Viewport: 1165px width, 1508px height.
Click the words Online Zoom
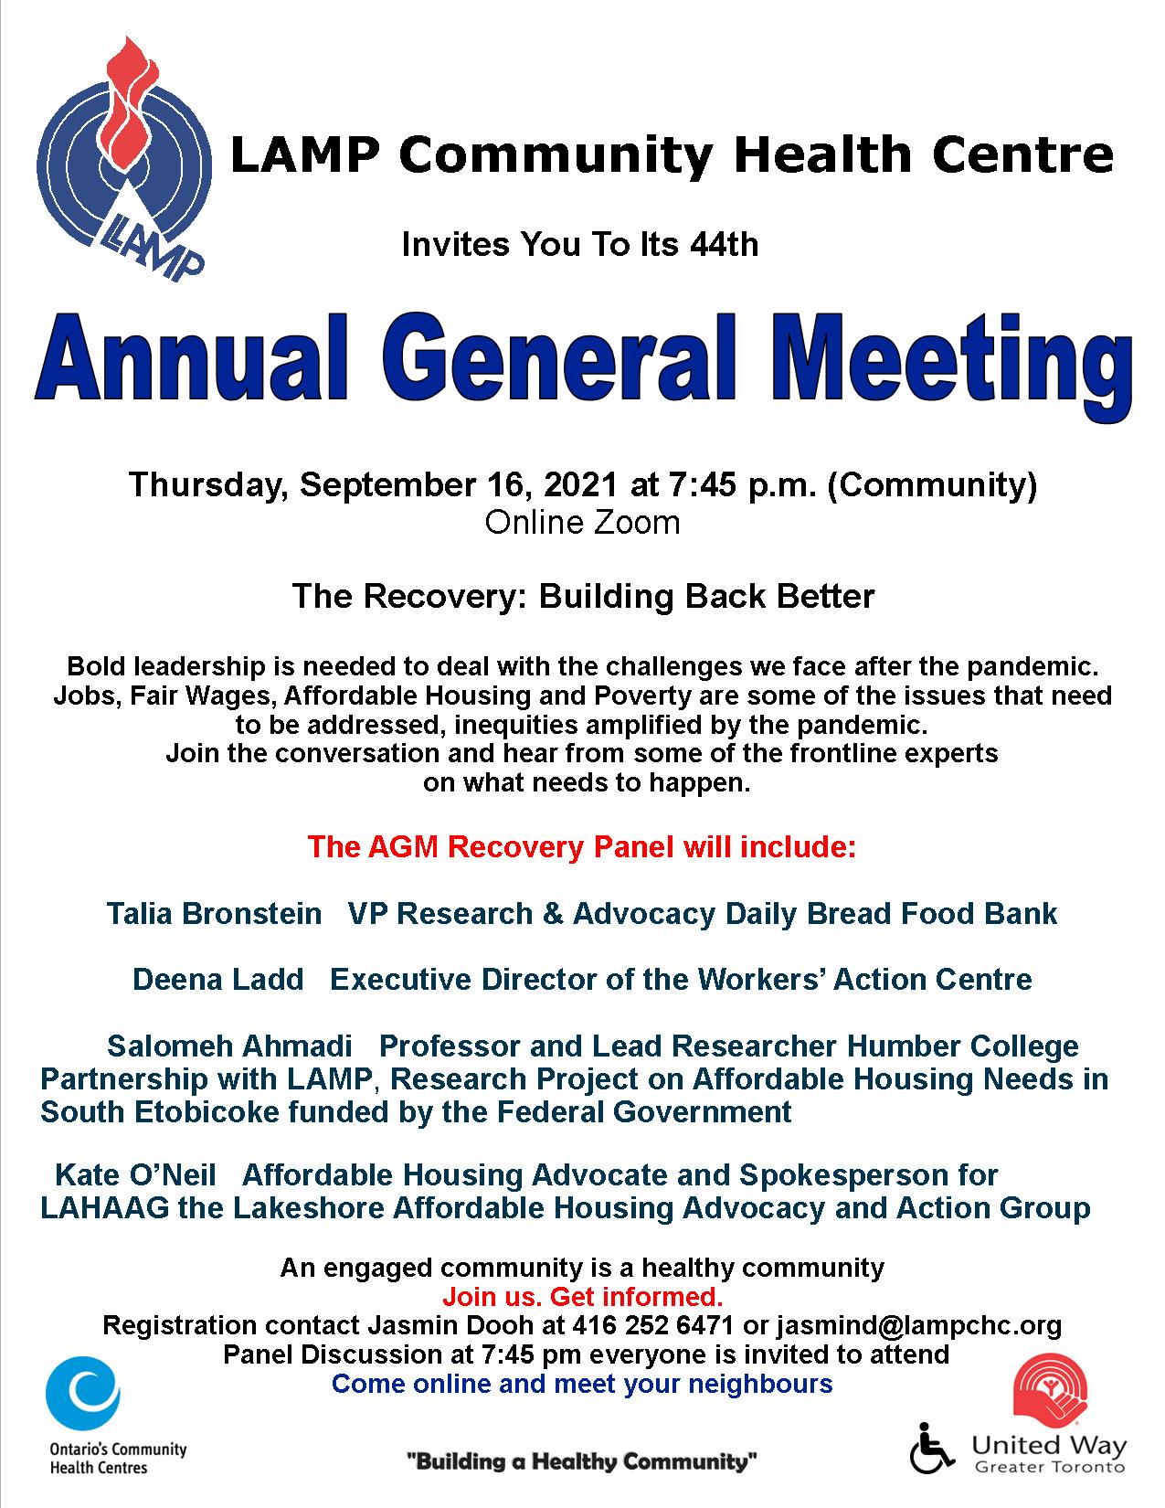[582, 523]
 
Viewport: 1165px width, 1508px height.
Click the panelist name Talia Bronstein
[214, 913]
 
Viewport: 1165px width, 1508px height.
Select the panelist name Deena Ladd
[217, 979]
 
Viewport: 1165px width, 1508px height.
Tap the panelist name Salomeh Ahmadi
[229, 1046]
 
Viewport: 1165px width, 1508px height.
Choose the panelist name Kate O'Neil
[136, 1174]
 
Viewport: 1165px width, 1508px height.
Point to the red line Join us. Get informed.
[582, 1296]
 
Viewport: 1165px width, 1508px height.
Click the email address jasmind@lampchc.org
[918, 1324]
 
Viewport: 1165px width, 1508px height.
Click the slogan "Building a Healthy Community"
[582, 1461]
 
